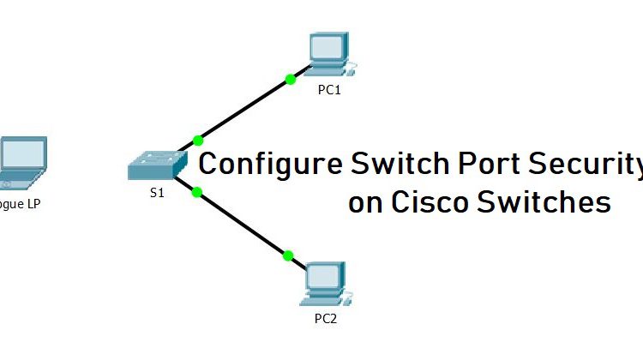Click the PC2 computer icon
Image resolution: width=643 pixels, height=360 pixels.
tap(325, 284)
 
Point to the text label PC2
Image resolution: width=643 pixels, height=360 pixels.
tap(327, 319)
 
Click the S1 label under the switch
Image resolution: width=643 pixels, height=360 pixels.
tap(156, 193)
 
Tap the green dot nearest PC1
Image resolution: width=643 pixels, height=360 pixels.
tap(291, 80)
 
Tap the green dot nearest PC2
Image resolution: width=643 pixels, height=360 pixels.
tap(288, 255)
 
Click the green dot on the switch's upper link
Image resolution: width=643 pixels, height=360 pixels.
tap(199, 139)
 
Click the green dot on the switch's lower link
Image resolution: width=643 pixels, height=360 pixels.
tap(196, 192)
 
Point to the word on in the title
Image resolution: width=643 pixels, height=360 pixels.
tap(364, 204)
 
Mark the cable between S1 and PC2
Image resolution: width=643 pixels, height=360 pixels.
tap(243, 224)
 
